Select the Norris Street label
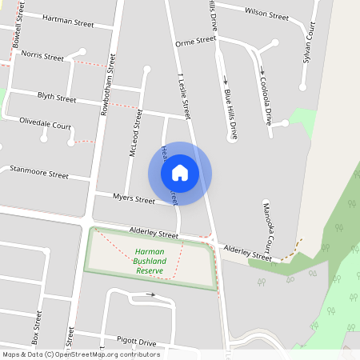43,57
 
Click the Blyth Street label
57,98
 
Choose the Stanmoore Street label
39,172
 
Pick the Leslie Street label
184,94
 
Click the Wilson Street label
266,14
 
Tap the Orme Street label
196,40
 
